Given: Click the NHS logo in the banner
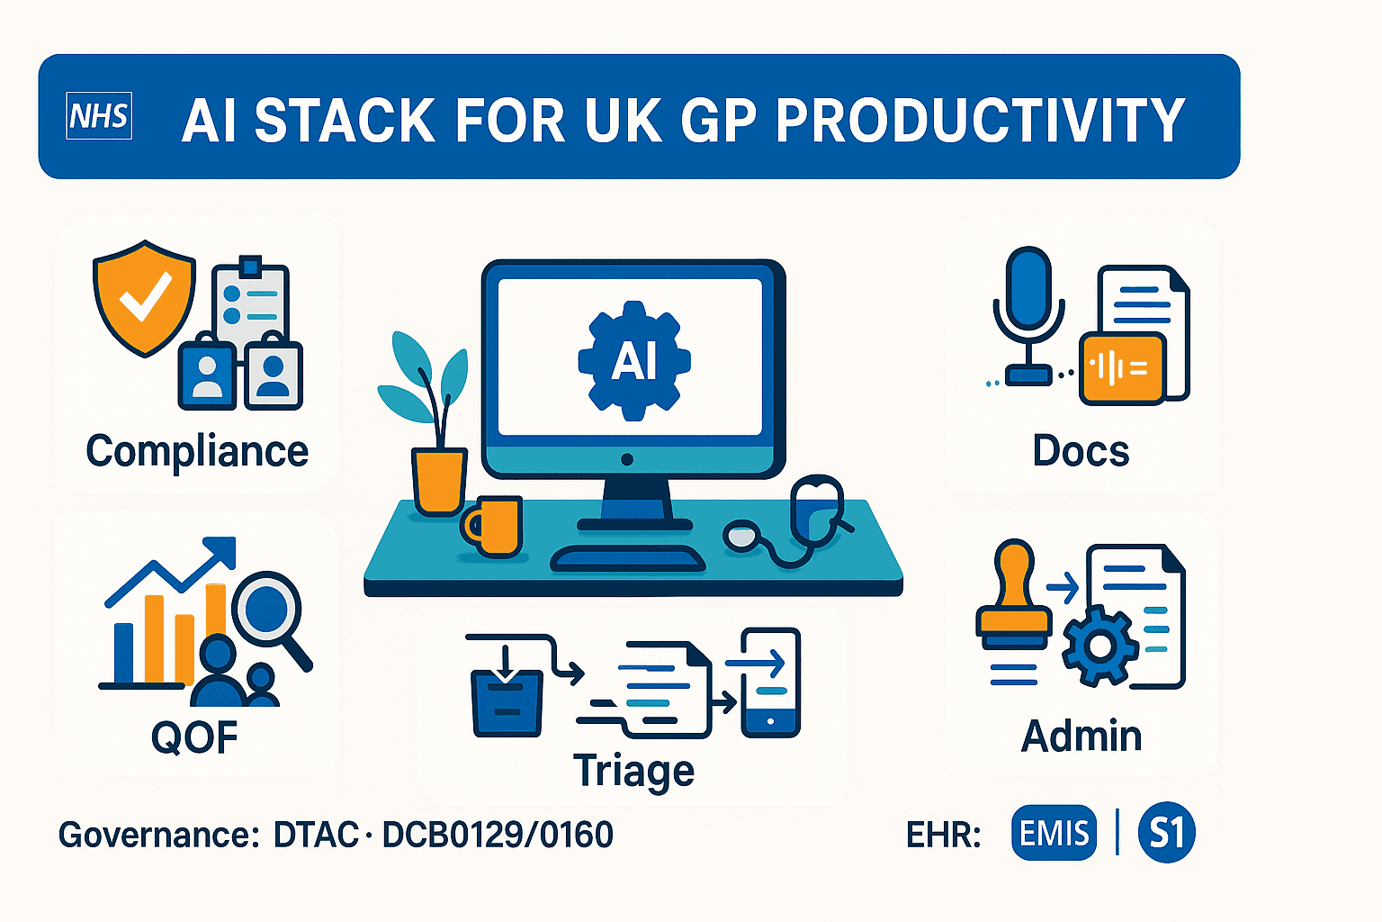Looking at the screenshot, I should coord(99,116).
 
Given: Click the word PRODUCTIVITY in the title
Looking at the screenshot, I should coord(980,121).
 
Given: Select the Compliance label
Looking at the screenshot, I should coord(197,451).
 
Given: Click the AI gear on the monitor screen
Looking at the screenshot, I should coord(634,360).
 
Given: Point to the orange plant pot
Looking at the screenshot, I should coord(438,481).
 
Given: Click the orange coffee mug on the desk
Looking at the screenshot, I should coord(493,526).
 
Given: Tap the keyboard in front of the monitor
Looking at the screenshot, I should coord(627,558).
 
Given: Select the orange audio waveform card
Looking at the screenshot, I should coord(1121,367).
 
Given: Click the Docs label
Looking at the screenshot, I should coord(1081,451).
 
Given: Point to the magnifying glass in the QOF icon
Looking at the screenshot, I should coord(267,612).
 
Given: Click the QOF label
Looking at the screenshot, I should coord(194,738).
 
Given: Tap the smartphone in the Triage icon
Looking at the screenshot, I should coord(770,682).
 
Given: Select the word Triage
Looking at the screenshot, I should coord(633,772).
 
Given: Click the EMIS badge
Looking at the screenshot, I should coord(1054,833).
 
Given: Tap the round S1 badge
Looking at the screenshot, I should coord(1166,833).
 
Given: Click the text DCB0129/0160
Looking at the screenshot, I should coord(498,836).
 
